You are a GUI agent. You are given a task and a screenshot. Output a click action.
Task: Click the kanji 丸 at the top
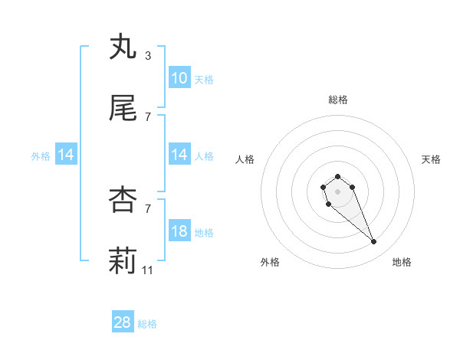tap(123, 47)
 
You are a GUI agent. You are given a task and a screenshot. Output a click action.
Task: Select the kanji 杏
tap(123, 200)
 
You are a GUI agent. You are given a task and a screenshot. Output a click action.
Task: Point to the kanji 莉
tap(123, 261)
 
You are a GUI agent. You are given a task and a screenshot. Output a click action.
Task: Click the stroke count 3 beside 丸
tap(147, 56)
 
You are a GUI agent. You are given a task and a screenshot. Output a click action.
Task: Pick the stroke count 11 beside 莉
tap(148, 270)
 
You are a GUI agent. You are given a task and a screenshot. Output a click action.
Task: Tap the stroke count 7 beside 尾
tap(147, 117)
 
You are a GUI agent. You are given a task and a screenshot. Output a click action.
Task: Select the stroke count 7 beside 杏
tap(147, 209)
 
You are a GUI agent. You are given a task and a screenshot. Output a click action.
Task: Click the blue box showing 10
tap(179, 78)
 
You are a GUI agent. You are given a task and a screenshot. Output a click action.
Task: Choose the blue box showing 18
tap(179, 231)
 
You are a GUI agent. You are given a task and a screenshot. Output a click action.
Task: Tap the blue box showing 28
tap(123, 322)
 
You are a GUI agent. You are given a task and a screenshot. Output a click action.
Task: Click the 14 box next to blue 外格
tap(66, 155)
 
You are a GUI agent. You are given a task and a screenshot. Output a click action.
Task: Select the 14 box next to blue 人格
tap(179, 155)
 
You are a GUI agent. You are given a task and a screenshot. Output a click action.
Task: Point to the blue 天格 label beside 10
tap(204, 79)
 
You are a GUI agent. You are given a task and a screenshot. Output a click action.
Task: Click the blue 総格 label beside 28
tap(147, 324)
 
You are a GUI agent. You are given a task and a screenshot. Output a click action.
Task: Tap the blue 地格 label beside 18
tap(204, 232)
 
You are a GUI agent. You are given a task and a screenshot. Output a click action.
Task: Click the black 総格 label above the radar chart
tap(338, 100)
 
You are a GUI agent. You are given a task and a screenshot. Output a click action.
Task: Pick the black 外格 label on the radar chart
tap(270, 262)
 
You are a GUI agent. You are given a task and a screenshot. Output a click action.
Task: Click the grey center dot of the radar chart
tap(337, 191)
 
